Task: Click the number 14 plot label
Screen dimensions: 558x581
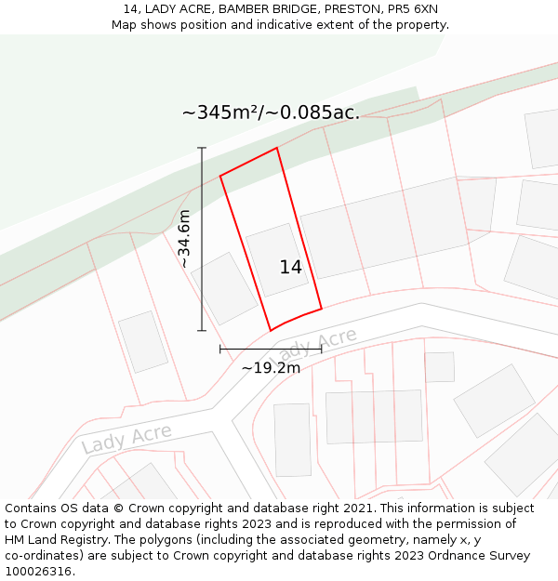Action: pos(291,268)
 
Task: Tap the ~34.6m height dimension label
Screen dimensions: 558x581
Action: pos(184,239)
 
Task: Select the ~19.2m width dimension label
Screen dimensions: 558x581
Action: pos(271,368)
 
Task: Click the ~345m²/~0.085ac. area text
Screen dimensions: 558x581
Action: pos(271,113)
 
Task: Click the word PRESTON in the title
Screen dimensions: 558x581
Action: pos(352,9)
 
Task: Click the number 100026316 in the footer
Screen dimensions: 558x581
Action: pos(37,571)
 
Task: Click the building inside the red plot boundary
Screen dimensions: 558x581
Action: pos(277,260)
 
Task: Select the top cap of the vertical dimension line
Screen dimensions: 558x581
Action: pos(202,148)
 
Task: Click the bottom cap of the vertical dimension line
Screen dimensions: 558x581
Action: pos(202,330)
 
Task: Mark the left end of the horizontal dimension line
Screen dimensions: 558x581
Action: pos(220,350)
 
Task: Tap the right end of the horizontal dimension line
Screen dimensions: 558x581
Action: pos(321,350)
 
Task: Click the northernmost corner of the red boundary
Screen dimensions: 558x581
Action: pos(276,148)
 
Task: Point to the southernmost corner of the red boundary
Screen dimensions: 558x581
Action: pos(271,330)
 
